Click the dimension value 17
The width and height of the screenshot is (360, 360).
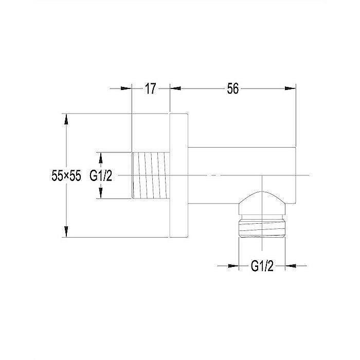tap(151, 88)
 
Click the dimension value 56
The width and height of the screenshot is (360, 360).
tap(233, 88)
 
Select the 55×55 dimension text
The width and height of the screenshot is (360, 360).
tap(66, 176)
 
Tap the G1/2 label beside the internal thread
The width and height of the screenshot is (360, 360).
tap(101, 176)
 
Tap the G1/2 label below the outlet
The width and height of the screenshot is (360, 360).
tap(262, 266)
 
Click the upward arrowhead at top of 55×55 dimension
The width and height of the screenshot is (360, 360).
tap(66, 119)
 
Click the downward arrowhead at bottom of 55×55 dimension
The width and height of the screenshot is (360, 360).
tap(66, 231)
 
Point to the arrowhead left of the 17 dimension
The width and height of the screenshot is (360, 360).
tap(126, 88)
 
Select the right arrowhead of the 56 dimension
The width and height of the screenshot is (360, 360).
tap(291, 88)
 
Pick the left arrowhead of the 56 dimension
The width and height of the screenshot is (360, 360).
tap(175, 88)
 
